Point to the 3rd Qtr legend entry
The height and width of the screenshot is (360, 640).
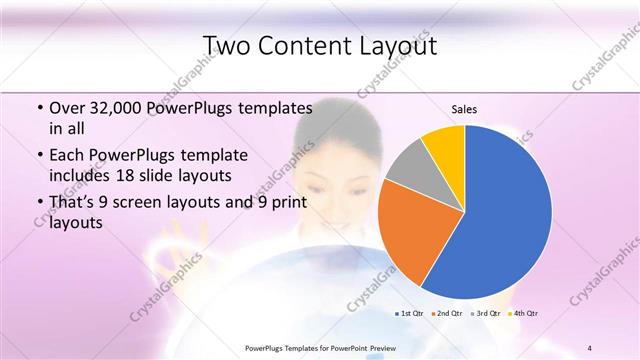[485, 313]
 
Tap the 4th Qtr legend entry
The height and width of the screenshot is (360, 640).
[523, 313]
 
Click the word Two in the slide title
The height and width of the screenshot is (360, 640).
[229, 46]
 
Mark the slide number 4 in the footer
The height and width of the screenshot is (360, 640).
[590, 347]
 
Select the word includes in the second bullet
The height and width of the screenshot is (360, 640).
[81, 176]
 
